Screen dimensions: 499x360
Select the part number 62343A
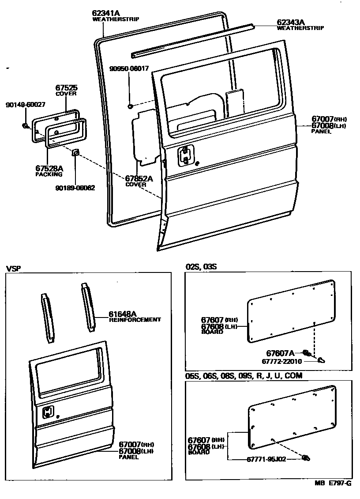click(291, 22)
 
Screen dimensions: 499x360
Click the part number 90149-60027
click(25, 105)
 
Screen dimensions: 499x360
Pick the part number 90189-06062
click(75, 188)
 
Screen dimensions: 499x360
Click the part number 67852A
click(139, 179)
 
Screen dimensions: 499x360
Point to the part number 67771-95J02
click(266, 459)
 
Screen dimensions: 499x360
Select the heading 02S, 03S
click(201, 267)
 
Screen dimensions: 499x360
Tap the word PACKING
click(49, 174)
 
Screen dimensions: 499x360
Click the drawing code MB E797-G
click(333, 483)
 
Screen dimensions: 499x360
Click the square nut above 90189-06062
click(75, 153)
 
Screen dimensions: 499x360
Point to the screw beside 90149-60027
click(25, 126)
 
